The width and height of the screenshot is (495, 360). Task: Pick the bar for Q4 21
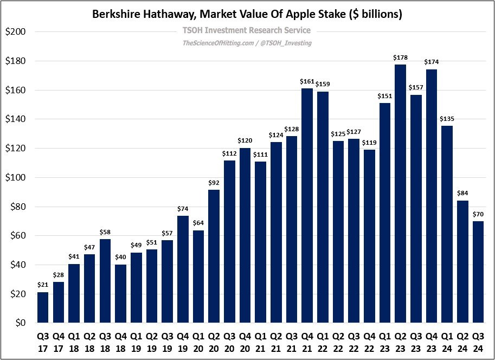click(307, 205)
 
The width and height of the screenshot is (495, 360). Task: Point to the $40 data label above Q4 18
click(120, 257)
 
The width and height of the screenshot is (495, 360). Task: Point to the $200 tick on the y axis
click(16, 31)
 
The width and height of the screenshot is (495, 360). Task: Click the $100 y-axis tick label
click(16, 177)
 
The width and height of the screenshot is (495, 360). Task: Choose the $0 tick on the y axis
click(19, 323)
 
